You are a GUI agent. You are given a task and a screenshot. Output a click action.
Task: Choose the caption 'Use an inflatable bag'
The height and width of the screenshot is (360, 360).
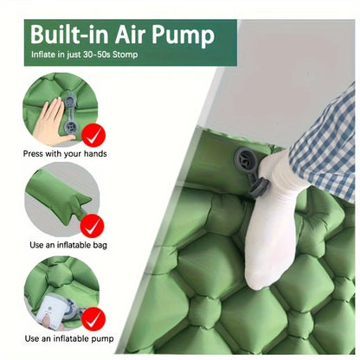61,246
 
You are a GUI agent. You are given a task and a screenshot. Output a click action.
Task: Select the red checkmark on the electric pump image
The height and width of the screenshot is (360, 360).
93,315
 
